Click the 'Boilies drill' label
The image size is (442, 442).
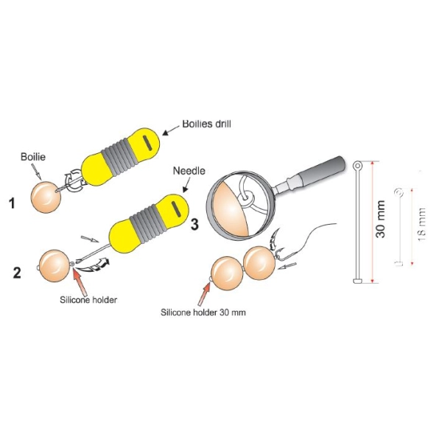(x=206, y=124)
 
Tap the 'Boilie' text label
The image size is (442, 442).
(x=33, y=157)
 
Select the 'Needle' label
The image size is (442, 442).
(x=189, y=171)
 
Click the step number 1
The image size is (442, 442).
(x=12, y=203)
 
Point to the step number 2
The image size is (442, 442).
(x=17, y=273)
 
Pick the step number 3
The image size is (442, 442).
(x=194, y=225)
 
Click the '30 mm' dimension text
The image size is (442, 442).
(x=380, y=220)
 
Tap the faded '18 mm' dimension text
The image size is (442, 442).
(x=421, y=225)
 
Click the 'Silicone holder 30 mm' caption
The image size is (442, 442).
(x=203, y=312)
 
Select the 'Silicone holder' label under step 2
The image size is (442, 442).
(x=88, y=300)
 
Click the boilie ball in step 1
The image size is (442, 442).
(x=46, y=197)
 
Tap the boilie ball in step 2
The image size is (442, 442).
(x=55, y=266)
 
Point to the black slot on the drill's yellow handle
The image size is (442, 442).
(x=147, y=143)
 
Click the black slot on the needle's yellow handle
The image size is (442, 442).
(x=175, y=209)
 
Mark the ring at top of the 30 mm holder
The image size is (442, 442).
(x=358, y=164)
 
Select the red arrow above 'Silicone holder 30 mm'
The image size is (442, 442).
(x=204, y=294)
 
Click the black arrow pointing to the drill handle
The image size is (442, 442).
(x=171, y=130)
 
